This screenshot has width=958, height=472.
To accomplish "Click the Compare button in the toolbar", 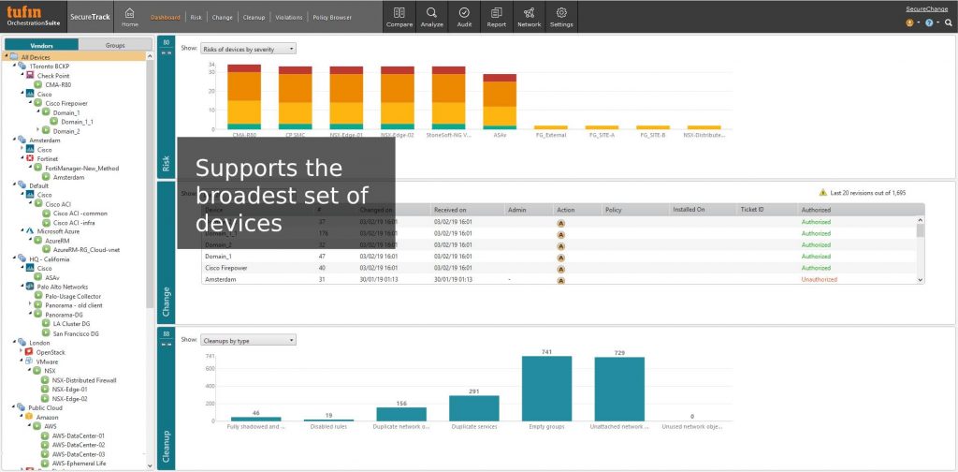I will [x=399, y=16].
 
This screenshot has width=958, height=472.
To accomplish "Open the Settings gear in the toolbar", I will [x=561, y=16].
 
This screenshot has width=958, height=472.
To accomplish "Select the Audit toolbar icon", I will [x=464, y=16].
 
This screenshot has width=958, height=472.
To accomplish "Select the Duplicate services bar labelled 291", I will [x=474, y=407].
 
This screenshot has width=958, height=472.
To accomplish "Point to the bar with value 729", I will [x=619, y=390].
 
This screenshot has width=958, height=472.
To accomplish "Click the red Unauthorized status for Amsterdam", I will [x=819, y=279].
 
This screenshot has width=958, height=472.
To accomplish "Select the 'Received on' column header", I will [x=450, y=210].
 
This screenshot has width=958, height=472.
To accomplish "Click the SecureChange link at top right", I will [x=926, y=8].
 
